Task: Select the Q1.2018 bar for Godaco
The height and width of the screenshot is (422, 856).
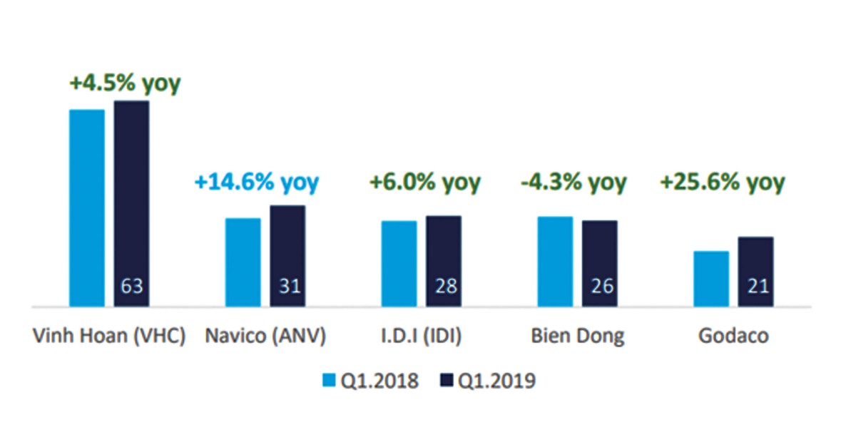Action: click(x=711, y=279)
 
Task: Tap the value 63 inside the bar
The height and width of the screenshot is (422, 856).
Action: click(x=132, y=287)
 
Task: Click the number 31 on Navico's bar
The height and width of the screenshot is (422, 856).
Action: click(x=288, y=287)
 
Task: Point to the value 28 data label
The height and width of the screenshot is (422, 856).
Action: click(x=444, y=287)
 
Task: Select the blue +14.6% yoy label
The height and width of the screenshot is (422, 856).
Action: click(x=256, y=182)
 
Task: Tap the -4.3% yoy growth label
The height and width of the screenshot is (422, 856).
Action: click(x=573, y=182)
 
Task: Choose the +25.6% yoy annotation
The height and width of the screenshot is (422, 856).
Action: click(x=722, y=182)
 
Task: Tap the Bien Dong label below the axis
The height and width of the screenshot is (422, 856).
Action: click(x=578, y=336)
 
